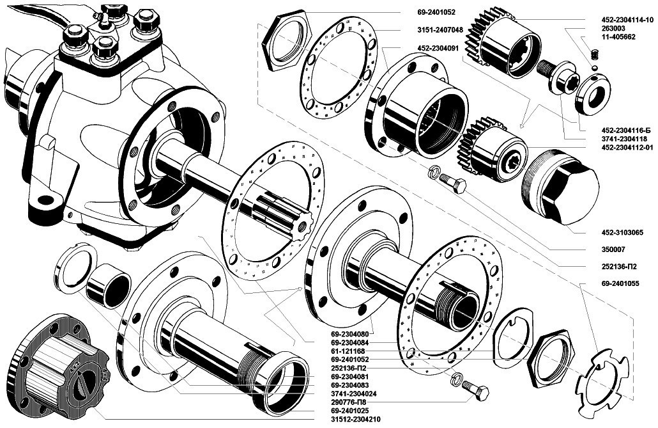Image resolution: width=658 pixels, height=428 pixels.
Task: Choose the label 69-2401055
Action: coord(611,283)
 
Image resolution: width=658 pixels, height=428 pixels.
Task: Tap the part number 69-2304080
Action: coord(352,334)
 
